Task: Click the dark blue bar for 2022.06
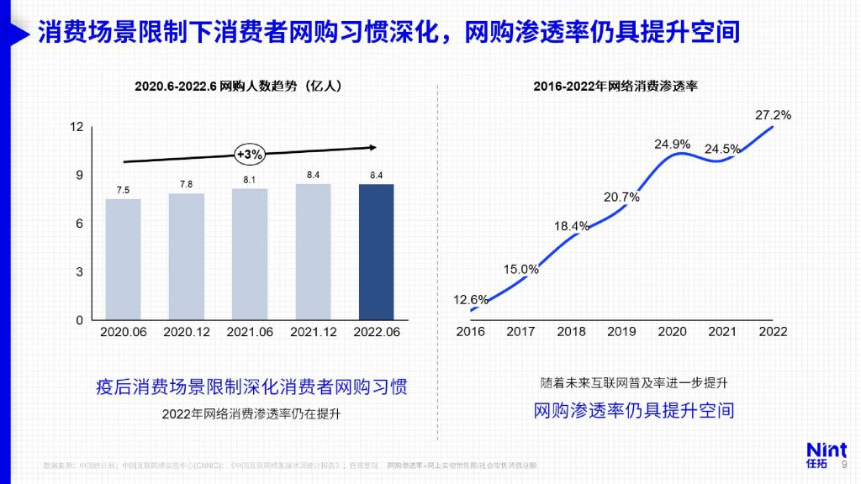coord(376,251)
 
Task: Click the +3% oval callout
coord(250,154)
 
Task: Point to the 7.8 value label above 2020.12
coord(186,184)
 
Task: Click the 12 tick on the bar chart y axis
coord(77,127)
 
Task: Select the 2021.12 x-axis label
coord(314,332)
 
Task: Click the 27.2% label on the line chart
coord(771,115)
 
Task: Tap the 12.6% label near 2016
coord(471,299)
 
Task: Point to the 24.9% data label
coord(672,144)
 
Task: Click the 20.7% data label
coord(622,197)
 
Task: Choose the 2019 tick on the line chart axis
coord(622,332)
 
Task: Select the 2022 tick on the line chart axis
coord(773,332)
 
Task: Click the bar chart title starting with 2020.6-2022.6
coord(238,86)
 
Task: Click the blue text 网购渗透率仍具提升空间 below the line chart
coord(634,410)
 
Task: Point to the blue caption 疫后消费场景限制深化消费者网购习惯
coord(251,387)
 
